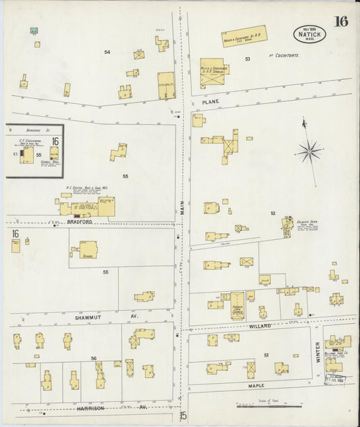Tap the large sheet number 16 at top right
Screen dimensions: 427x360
click(x=340, y=21)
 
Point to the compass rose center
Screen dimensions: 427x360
click(x=310, y=151)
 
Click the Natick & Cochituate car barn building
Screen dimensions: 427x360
click(x=245, y=36)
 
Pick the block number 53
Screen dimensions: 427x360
click(x=248, y=59)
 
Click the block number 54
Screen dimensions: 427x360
click(x=107, y=52)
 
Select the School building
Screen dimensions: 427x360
click(x=88, y=249)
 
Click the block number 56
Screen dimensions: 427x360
click(x=94, y=359)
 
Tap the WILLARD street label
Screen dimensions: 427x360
click(x=261, y=326)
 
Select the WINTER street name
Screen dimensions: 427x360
click(x=318, y=352)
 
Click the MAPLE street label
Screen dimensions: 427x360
click(x=255, y=386)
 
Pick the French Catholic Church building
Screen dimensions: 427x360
click(x=237, y=305)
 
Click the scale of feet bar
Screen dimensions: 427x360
click(x=269, y=406)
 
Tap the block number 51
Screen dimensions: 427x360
click(x=267, y=355)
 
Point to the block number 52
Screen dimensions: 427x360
click(x=274, y=214)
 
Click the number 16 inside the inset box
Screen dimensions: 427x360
click(x=55, y=142)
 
